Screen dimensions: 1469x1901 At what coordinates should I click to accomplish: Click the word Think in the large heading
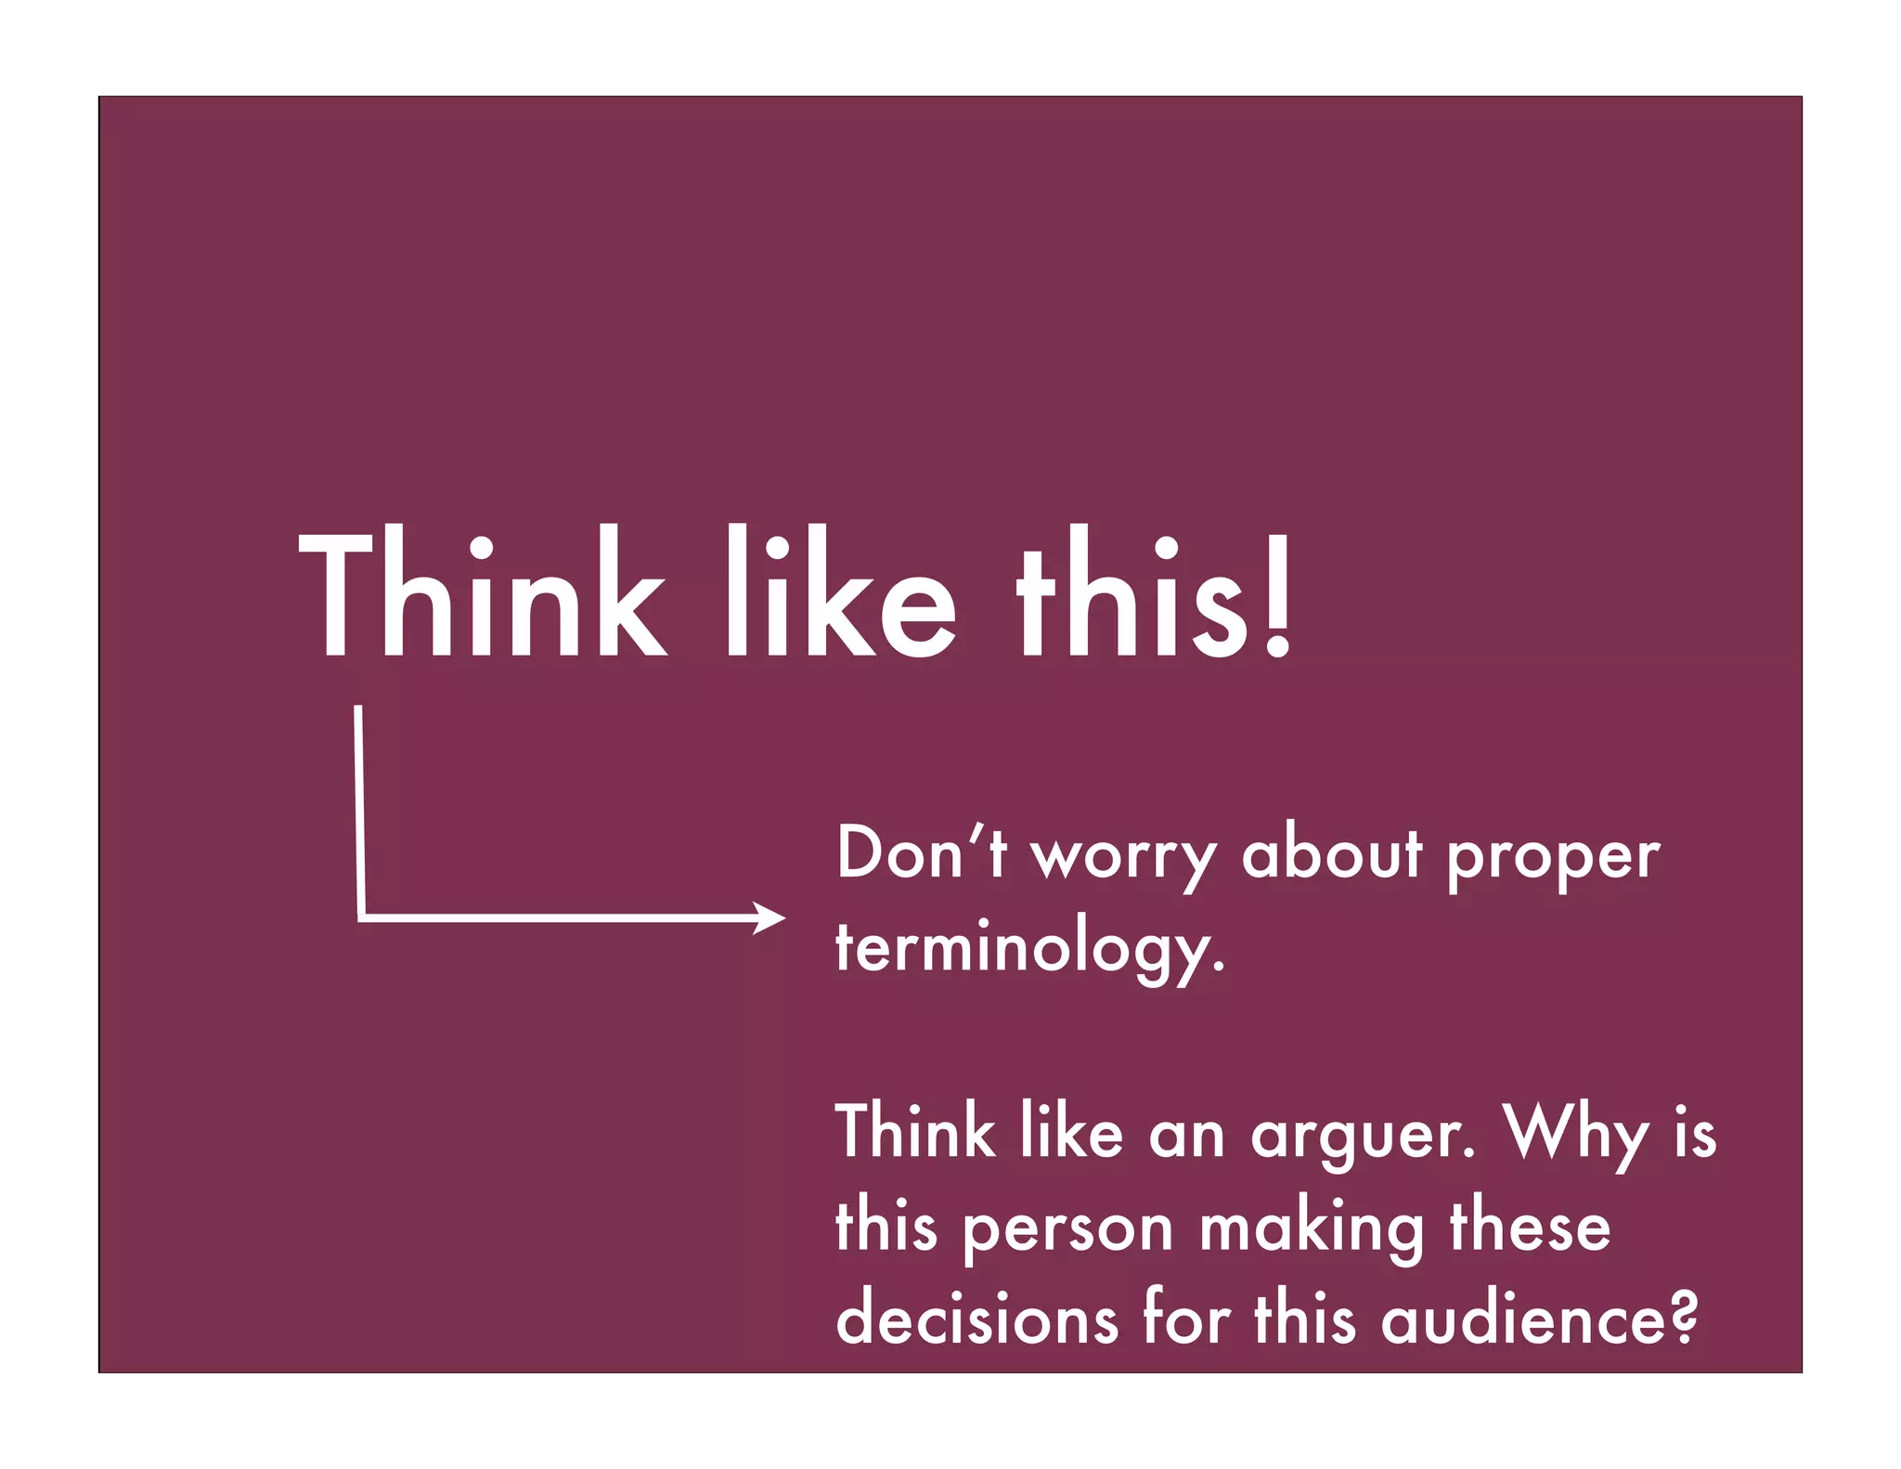pos(483,594)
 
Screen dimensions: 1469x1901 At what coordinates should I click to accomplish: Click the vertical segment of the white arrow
pos(359,808)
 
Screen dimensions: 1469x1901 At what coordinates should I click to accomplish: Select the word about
pos(1332,852)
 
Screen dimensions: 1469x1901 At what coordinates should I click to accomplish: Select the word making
pos(1312,1228)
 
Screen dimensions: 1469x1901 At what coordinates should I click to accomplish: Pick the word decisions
pos(976,1319)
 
